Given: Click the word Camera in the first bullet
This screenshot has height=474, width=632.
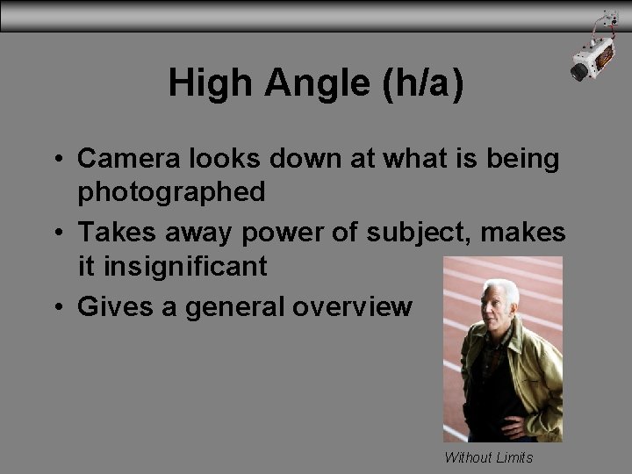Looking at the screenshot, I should pyautogui.click(x=129, y=159).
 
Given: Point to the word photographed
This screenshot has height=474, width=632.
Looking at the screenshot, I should pyautogui.click(x=172, y=191).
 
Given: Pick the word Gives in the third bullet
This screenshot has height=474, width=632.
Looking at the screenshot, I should pyautogui.click(x=110, y=306).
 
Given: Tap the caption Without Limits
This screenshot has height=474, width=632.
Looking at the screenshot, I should pyautogui.click(x=489, y=457).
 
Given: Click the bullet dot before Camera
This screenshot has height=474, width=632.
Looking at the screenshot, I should pyautogui.click(x=56, y=160).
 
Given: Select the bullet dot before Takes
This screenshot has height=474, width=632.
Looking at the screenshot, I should pyautogui.click(x=56, y=233).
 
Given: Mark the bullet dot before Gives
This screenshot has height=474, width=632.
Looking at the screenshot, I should pyautogui.click(x=56, y=307).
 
